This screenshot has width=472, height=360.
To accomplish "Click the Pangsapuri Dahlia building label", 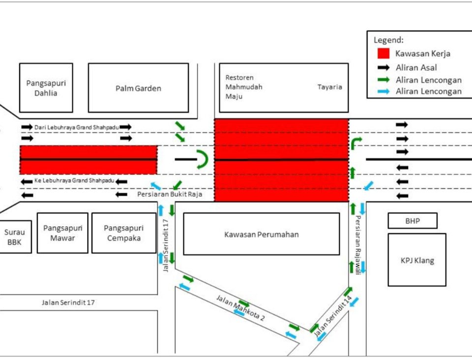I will pos(46,88).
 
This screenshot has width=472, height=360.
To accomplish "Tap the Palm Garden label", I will pos(138,89).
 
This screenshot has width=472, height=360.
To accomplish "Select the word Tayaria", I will pos(329,87).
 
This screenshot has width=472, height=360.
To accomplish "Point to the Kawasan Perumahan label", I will pos(261,234).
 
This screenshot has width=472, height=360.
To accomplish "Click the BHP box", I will pos(413,221).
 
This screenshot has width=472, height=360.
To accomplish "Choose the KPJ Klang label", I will pos(417,261).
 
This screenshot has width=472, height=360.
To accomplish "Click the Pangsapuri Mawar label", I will pos(62,233).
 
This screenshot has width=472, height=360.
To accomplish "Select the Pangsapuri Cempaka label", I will pos(123,233).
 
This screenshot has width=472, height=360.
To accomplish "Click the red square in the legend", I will pos(383,54).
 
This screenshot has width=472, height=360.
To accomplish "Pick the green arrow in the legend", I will pos(383,80).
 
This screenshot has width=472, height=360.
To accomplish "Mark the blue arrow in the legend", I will pos(383,91).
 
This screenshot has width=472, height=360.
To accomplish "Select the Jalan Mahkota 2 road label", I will pos(240,308).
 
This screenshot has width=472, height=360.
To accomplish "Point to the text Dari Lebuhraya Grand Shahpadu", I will pos(76,127).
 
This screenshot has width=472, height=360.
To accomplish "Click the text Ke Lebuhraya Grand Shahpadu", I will pos(74,181).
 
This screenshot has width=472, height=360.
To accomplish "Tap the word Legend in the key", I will pos(388,40).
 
